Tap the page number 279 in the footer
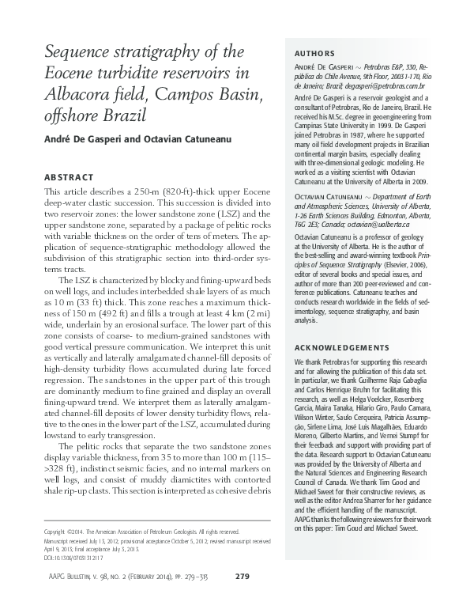(x=243, y=574)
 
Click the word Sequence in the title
(x=79, y=53)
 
